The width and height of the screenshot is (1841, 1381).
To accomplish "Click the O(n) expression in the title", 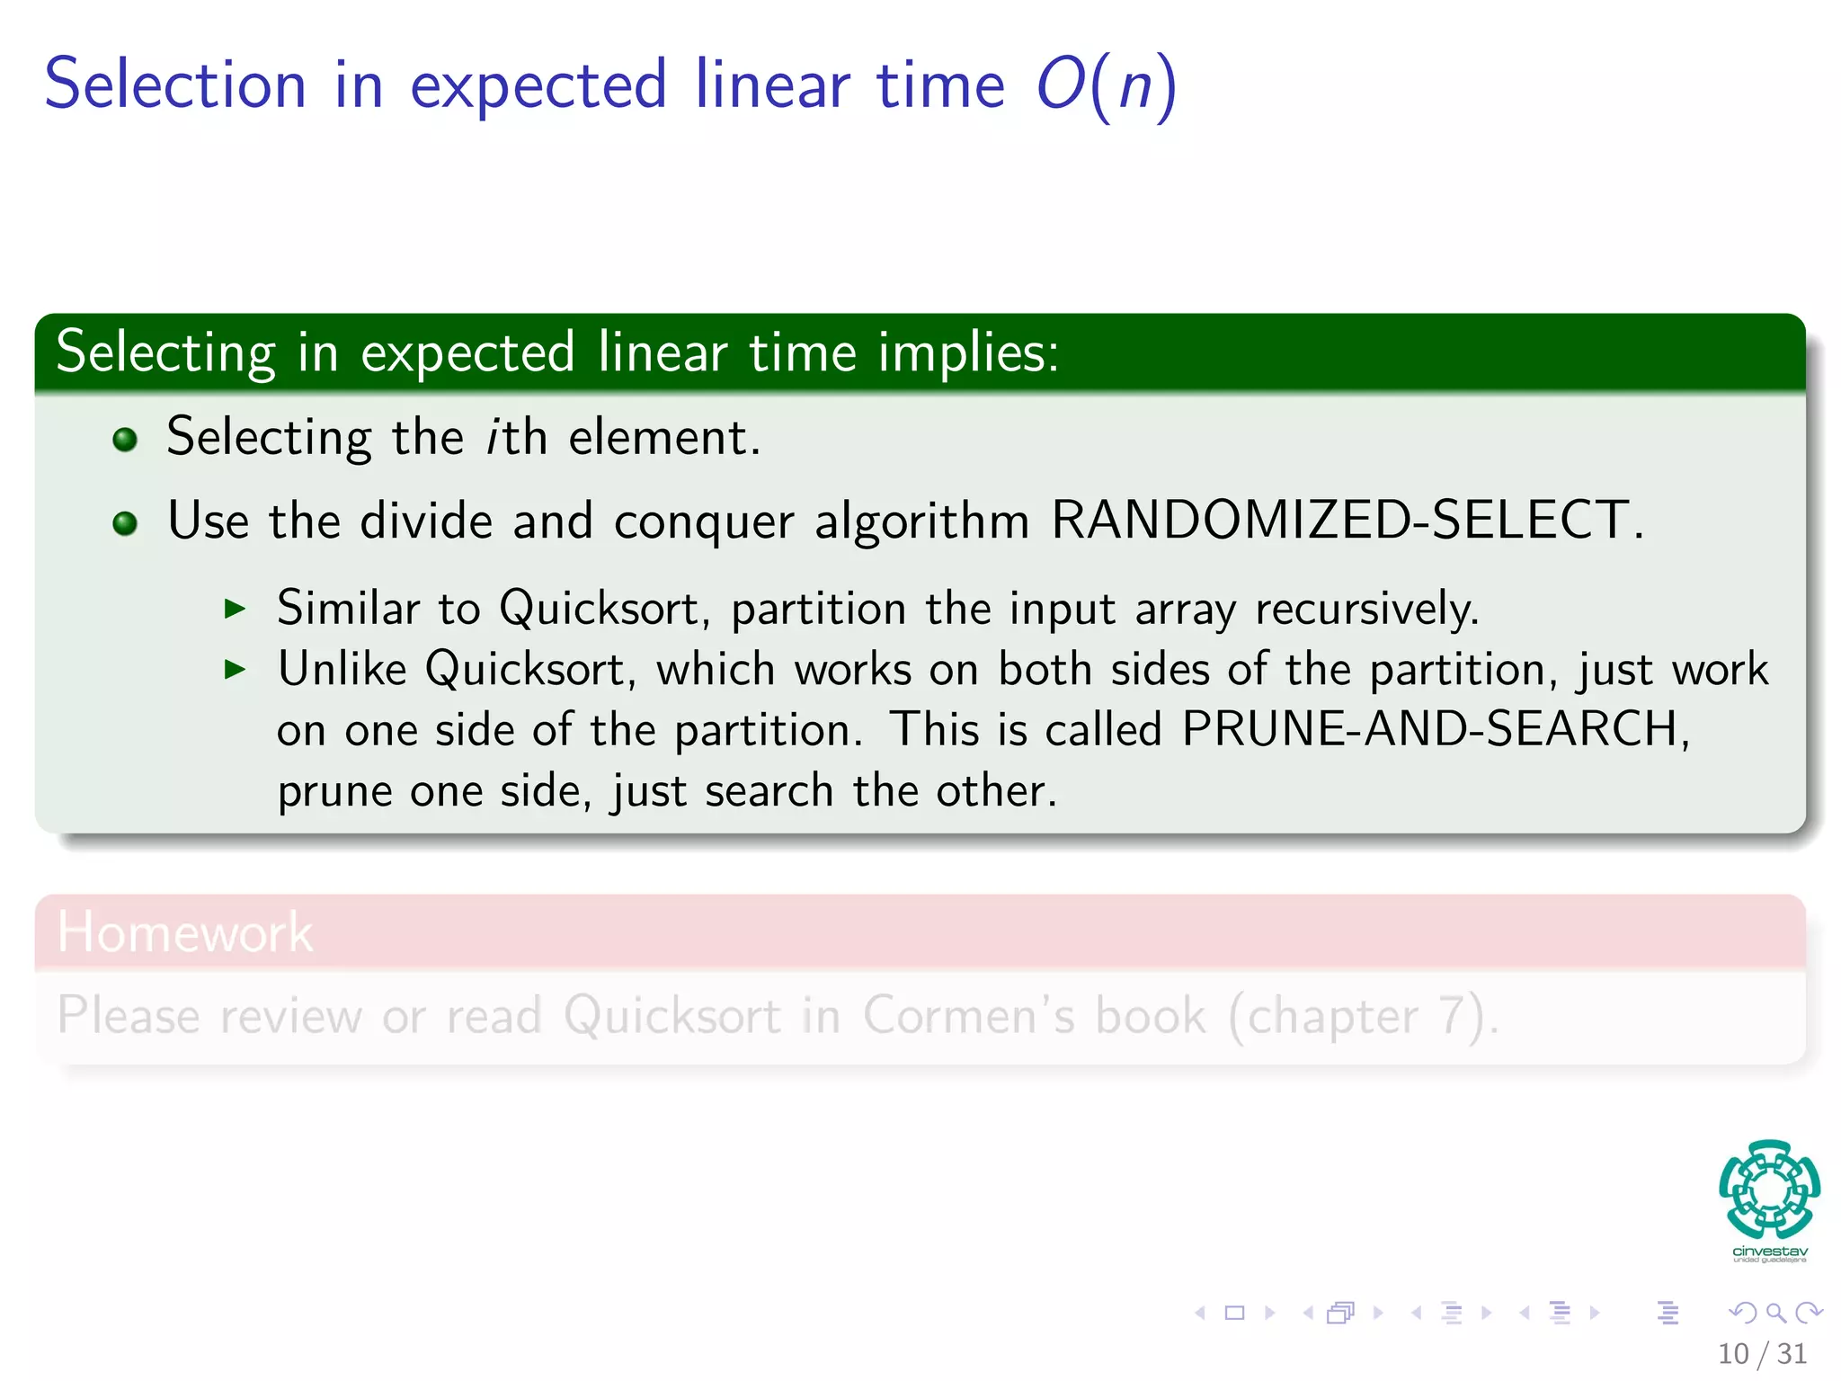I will click(x=1106, y=85).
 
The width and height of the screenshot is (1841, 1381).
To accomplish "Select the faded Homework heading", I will click(x=184, y=931).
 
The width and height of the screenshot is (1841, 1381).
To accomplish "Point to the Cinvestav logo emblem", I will click(x=1769, y=1189).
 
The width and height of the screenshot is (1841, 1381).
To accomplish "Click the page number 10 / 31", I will click(x=1762, y=1353).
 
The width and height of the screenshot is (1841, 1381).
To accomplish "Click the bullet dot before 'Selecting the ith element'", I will click(x=125, y=440).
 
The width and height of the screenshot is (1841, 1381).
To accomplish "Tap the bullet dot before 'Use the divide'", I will click(x=125, y=522).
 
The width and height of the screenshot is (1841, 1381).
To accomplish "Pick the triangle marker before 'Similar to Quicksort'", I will click(x=235, y=609).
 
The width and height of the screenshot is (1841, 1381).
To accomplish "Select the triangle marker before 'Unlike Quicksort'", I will click(x=235, y=669).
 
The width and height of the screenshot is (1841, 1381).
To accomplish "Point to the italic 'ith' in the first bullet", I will click(x=516, y=438).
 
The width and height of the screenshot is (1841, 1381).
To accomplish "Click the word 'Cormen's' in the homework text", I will click(x=968, y=1015).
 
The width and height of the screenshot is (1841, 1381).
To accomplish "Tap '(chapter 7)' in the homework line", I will click(x=1363, y=1017).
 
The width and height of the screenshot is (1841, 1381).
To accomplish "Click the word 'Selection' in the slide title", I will click(x=175, y=85).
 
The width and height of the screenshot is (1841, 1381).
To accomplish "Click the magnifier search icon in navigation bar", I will click(x=1775, y=1313).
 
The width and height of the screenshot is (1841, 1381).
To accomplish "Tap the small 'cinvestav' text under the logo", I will click(x=1769, y=1252).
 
